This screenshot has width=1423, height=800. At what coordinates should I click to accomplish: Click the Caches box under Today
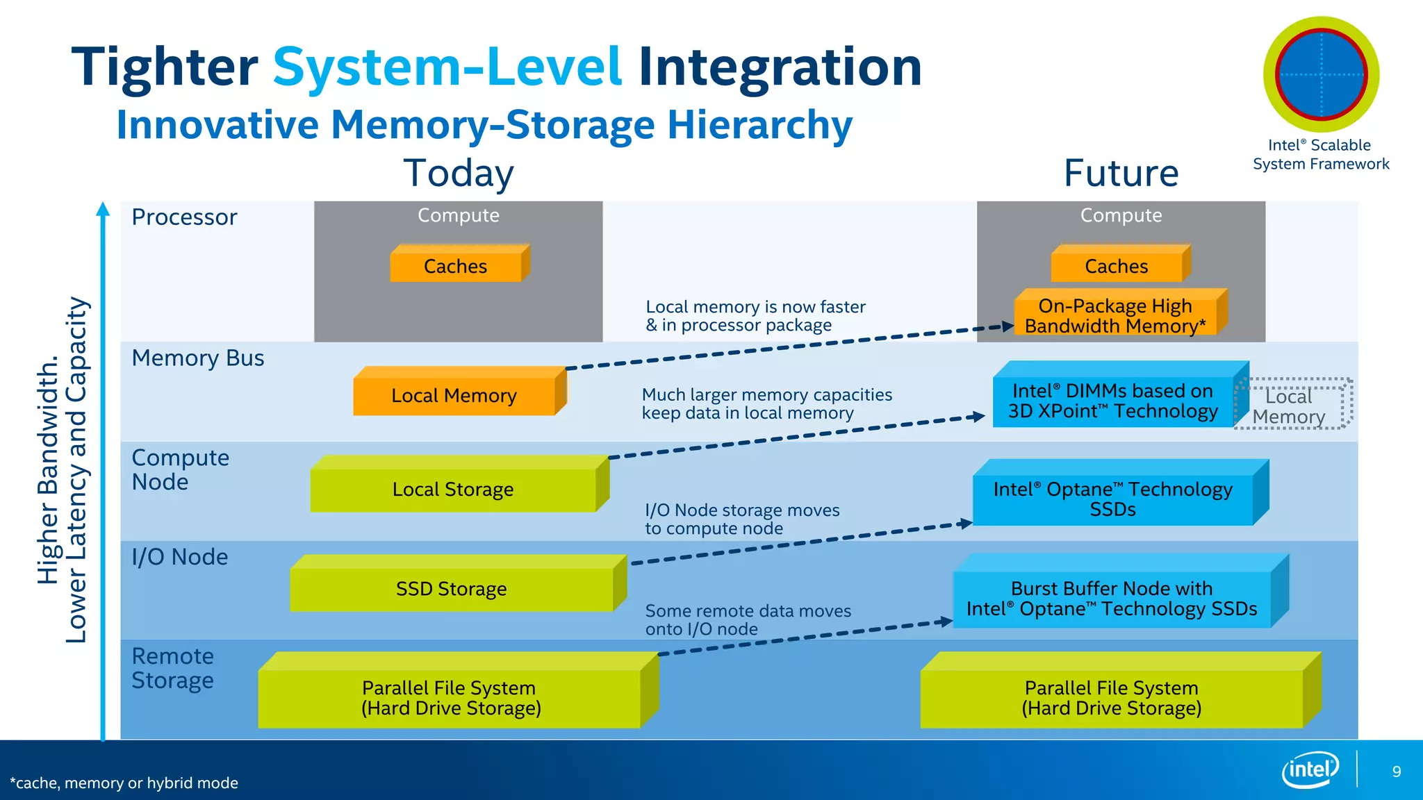click(x=456, y=266)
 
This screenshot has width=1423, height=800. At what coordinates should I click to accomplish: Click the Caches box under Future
click(x=1117, y=266)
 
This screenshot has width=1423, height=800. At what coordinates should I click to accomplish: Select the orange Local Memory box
click(x=454, y=395)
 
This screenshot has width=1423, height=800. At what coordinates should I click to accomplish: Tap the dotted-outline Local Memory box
click(x=1291, y=406)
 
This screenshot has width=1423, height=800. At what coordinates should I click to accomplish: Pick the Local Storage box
click(x=453, y=489)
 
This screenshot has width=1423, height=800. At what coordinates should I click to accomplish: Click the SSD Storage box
click(x=452, y=588)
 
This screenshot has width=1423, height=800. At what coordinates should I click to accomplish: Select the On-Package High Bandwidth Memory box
click(x=1115, y=316)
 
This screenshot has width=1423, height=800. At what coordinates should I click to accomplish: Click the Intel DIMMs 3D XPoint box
click(x=1113, y=401)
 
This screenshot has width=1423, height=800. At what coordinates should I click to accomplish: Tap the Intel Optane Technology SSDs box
click(x=1113, y=499)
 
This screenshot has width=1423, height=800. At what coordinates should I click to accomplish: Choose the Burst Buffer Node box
click(x=1112, y=598)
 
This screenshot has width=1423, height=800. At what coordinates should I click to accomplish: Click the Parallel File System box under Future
click(x=1112, y=697)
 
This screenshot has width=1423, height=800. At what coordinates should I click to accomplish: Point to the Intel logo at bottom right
click(x=1310, y=769)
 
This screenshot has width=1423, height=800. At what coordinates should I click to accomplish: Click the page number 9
click(x=1397, y=772)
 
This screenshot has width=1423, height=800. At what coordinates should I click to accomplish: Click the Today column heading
click(x=459, y=173)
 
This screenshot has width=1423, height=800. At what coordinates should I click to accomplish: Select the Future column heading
click(x=1121, y=173)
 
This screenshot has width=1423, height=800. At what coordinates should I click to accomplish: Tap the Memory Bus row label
click(x=198, y=358)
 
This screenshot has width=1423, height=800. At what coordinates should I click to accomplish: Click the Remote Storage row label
click(x=173, y=668)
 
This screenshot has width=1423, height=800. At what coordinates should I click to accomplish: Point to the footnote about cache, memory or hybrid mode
click(x=124, y=783)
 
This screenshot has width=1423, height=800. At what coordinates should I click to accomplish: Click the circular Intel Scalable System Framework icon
click(x=1321, y=74)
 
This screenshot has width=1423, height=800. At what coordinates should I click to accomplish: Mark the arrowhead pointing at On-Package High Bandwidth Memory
click(x=1008, y=326)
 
